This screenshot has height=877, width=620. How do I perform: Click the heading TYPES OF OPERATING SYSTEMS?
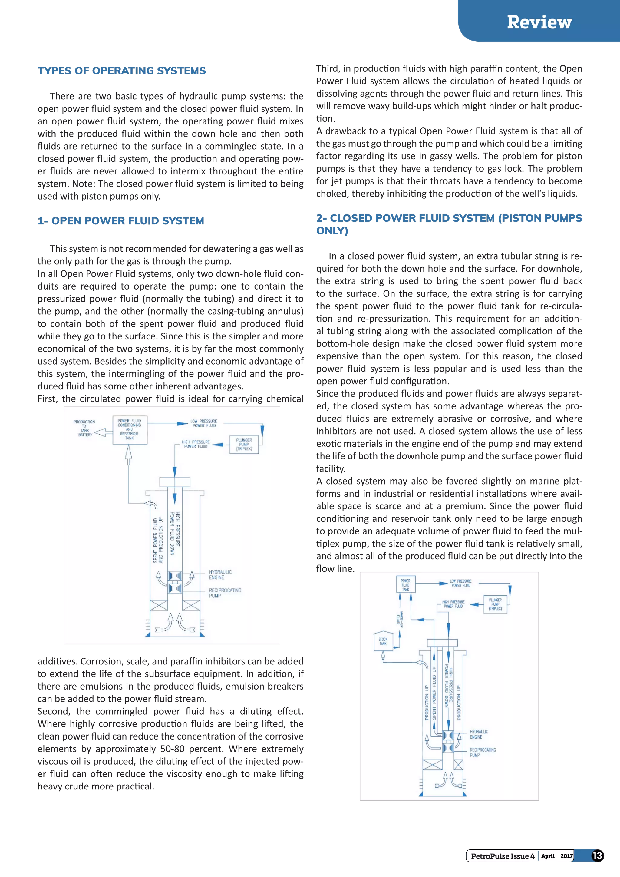pos(121,71)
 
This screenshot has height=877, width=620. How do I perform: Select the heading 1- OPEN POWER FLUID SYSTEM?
pos(121,221)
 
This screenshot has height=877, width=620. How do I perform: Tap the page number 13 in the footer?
pos(597,855)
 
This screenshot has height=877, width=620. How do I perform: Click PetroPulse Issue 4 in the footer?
pos(503,856)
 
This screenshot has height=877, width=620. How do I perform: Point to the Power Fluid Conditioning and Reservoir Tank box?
pos(130,430)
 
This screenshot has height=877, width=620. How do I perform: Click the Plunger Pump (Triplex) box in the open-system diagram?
pos(244,445)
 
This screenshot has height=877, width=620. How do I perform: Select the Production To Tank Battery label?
pos(84,428)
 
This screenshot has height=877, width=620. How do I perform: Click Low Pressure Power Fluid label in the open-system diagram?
pos(204,423)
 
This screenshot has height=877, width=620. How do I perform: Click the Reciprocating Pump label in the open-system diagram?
pos(225,593)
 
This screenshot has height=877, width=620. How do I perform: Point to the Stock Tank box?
pos(383,641)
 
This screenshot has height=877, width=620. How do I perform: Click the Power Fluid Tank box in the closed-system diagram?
pos(405,585)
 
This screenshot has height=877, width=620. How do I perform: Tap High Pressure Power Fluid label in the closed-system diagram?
pos(453,604)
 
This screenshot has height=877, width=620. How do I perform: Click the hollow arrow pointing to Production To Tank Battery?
pos(100,433)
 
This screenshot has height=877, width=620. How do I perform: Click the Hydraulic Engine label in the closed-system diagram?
pos(478,734)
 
